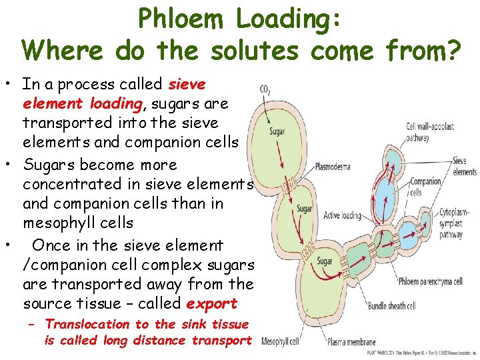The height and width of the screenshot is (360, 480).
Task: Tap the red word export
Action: [x=211, y=303]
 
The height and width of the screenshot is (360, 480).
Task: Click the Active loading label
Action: [x=342, y=215]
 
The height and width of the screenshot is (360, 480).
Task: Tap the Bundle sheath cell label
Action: [x=391, y=306]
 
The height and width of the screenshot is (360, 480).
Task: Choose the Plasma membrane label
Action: [x=351, y=343]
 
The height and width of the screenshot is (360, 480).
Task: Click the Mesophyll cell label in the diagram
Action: [x=280, y=342]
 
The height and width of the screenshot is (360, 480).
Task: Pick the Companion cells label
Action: [x=425, y=186]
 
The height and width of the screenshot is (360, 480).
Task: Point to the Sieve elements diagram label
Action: [x=464, y=166]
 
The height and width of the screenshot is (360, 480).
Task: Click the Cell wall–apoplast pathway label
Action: [x=430, y=132]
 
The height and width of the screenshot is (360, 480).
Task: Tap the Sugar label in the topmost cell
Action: [x=277, y=131]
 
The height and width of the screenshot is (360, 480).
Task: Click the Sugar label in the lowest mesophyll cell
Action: [x=325, y=261]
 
